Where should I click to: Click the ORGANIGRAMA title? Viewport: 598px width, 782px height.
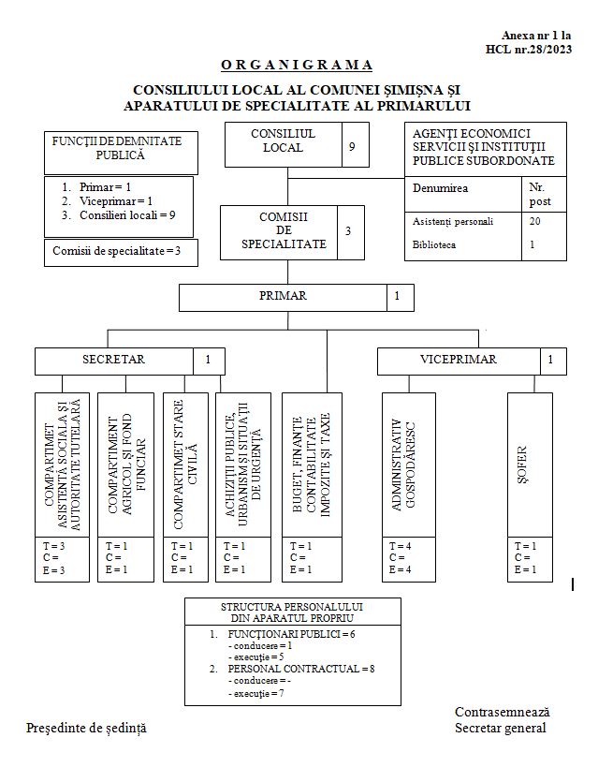click(x=297, y=65)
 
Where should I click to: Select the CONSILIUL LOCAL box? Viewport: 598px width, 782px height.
click(x=283, y=141)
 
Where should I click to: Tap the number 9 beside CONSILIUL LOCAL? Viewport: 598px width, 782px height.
click(x=353, y=147)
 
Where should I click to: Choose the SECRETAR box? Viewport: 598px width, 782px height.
click(x=114, y=360)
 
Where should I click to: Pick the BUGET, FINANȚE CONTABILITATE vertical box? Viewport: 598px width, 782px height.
click(x=312, y=464)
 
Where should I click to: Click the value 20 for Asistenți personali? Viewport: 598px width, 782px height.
click(x=534, y=222)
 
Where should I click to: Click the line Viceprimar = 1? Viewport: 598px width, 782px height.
click(x=116, y=200)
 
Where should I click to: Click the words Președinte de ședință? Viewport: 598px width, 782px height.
click(x=86, y=728)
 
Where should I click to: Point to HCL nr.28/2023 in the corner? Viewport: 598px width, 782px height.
click(x=530, y=49)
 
